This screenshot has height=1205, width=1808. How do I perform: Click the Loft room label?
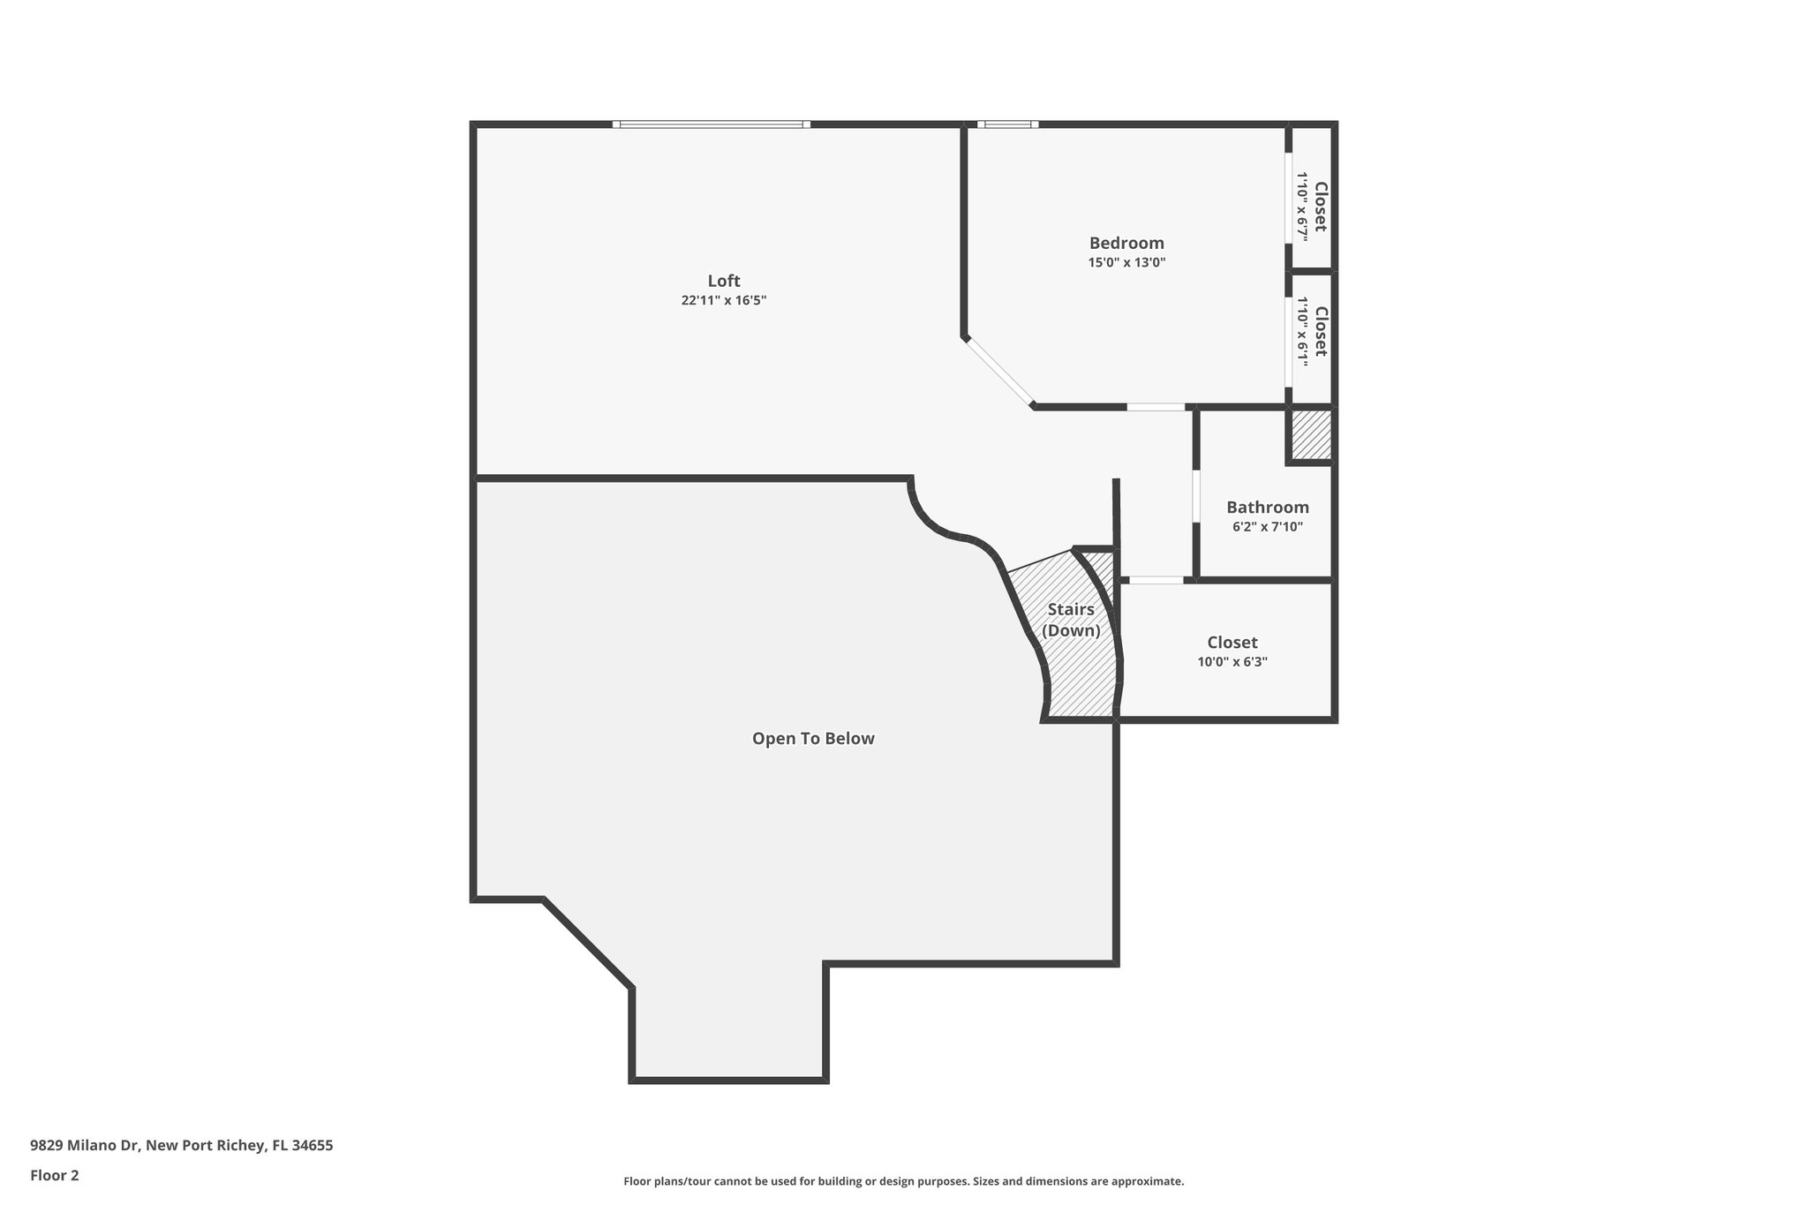(723, 281)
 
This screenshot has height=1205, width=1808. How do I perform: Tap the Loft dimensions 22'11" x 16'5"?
(723, 300)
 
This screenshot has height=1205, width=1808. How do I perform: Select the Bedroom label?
(1126, 243)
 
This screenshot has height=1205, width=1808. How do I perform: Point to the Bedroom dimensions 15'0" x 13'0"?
(1126, 262)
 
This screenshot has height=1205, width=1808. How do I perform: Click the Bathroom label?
(1267, 508)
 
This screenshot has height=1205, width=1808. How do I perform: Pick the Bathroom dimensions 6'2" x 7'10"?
(1267, 527)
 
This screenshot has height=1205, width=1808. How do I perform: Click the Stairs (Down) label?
(1071, 620)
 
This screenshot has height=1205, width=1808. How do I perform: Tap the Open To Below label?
(812, 738)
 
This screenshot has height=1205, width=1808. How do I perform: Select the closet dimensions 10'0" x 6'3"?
(1232, 662)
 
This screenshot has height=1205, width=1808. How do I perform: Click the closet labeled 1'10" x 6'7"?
(1312, 207)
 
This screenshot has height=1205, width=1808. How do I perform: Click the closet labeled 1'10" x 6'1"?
(1312, 331)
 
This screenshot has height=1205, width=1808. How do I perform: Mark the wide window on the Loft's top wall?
(712, 124)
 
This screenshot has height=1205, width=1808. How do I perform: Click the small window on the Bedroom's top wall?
(1007, 124)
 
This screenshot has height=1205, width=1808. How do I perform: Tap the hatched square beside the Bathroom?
(1310, 434)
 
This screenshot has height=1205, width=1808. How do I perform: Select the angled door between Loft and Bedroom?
(998, 372)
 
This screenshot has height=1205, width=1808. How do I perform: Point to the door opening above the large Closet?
(1156, 580)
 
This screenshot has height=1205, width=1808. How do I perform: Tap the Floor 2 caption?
(55, 1175)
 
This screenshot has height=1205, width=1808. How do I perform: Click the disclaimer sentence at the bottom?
(903, 1181)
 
